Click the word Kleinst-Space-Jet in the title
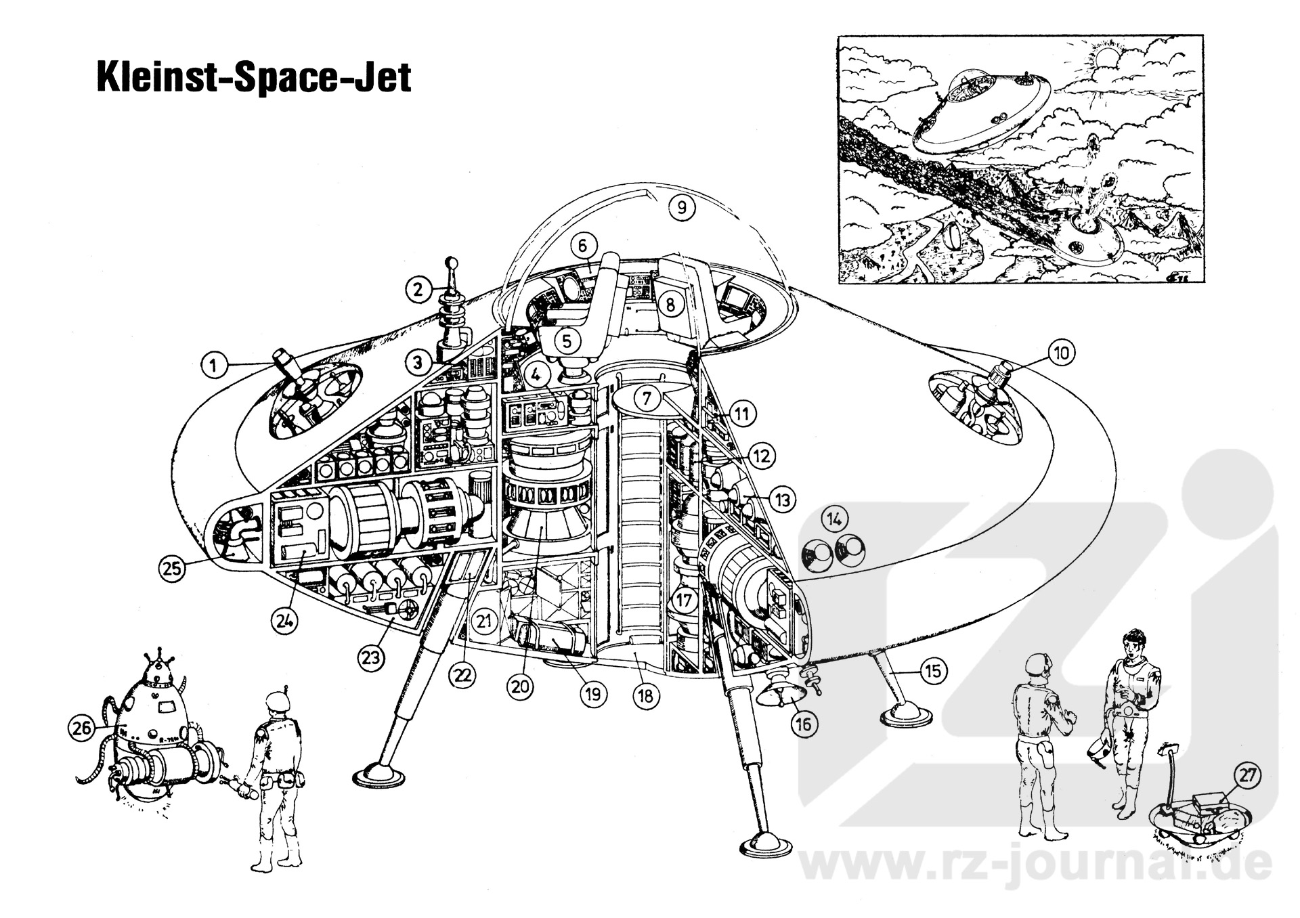tap(254, 78)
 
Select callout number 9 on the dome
tap(682, 207)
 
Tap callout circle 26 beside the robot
tap(82, 729)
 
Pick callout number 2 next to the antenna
tap(419, 290)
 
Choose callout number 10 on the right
tap(1061, 353)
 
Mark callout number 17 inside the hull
tap(685, 600)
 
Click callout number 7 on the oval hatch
tap(647, 399)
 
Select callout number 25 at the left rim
tap(173, 568)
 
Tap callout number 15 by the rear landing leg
tap(934, 671)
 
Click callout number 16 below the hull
tap(802, 724)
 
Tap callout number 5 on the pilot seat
tap(567, 341)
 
